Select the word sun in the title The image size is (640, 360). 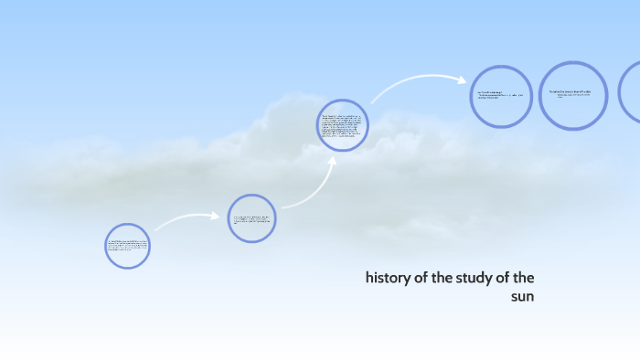(x=522, y=297)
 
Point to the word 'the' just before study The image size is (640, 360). (x=444, y=278)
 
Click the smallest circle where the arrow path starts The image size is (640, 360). (x=127, y=246)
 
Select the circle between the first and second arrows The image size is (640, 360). (x=251, y=218)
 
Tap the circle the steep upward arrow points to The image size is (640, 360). (x=343, y=125)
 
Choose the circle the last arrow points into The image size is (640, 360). (x=501, y=96)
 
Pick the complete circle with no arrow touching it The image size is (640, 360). (x=573, y=95)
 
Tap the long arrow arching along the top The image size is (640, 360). (x=416, y=84)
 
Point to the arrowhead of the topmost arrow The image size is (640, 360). (x=463, y=79)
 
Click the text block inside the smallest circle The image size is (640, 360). (x=127, y=246)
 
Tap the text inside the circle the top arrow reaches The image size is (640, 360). (x=500, y=95)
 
